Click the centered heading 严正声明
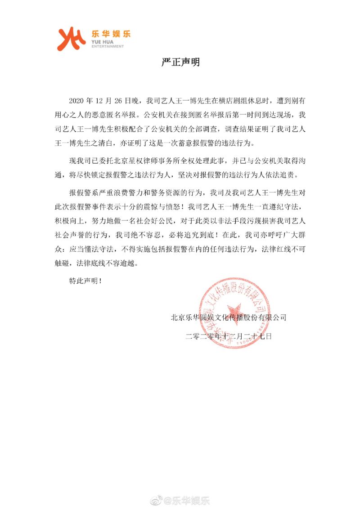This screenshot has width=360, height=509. point(180,63)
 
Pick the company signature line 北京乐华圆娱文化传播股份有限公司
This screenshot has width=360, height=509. point(229,317)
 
